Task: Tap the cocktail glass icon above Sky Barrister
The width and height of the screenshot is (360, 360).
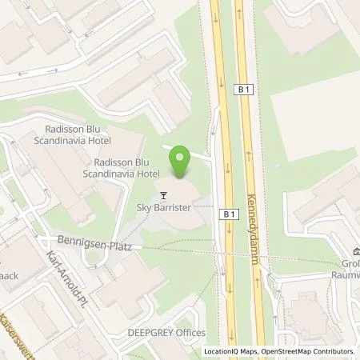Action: tap(164, 194)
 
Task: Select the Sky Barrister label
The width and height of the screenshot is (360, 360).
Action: tap(164, 206)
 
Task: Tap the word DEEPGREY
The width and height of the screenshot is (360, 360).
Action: tap(142, 333)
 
